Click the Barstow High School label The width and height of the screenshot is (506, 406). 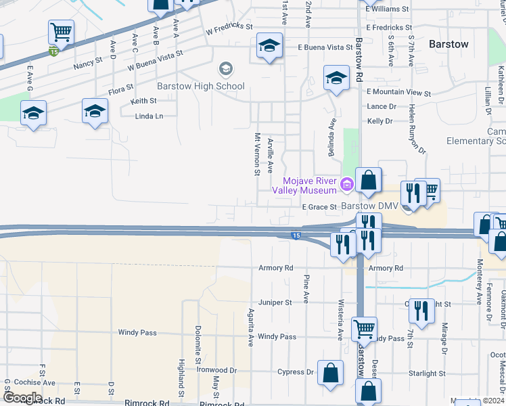coord(200,87)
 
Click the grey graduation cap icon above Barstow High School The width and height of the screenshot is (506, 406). coord(225,69)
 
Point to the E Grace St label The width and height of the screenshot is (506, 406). coord(319,206)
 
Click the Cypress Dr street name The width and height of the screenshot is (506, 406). coord(296,372)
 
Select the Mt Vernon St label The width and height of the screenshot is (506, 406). coord(257,154)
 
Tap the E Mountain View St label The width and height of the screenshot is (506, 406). coord(398,92)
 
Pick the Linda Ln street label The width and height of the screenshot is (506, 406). coord(149,116)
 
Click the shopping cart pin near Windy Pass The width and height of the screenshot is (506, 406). coord(365,330)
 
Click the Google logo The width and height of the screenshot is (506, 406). coord(22,398)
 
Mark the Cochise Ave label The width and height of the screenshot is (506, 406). coord(34,382)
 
